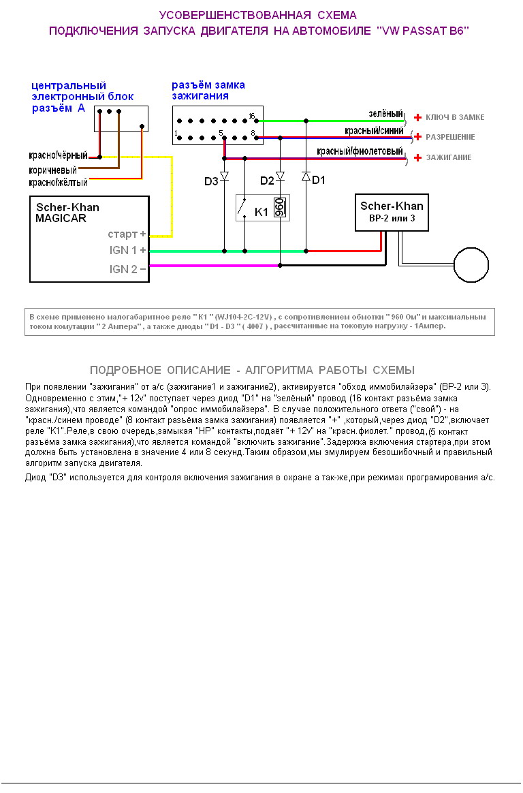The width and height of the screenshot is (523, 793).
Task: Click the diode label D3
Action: coord(211,181)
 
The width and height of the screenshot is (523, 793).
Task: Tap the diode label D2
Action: coord(267,181)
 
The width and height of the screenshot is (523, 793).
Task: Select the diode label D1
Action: coord(319,181)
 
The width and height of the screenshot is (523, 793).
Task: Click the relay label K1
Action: coord(262,212)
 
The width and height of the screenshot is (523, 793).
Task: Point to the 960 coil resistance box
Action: coord(279,208)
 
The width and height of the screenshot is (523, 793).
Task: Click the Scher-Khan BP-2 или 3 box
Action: coord(392,212)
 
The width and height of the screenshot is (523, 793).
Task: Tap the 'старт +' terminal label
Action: coord(127,234)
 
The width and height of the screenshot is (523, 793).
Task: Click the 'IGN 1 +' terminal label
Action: coord(128,250)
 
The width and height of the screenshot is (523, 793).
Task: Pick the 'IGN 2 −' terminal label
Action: coord(128,269)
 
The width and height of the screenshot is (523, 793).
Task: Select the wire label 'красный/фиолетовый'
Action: coord(360,151)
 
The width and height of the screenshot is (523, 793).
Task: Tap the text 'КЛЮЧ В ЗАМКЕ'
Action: coord(455,118)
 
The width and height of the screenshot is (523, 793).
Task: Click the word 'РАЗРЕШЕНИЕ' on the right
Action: coord(450,138)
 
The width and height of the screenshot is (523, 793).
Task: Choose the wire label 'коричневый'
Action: coord(52,169)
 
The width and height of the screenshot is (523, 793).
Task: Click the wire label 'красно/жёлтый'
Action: coord(58,183)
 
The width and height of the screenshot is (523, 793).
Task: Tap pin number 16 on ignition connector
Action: coord(252,115)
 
